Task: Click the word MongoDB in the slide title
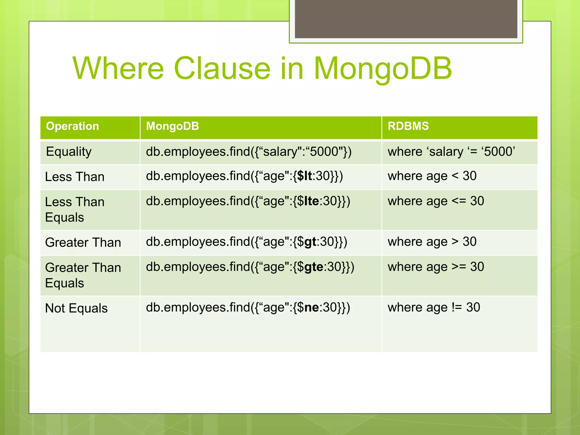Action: point(383,69)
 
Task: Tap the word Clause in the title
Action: point(222,69)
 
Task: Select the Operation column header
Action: point(72,126)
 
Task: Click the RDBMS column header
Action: point(408,126)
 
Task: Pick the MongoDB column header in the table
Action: point(172,126)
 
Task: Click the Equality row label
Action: point(69,152)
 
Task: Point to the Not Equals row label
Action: point(76,308)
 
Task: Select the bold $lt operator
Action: point(304,176)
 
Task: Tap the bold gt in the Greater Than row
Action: point(310,242)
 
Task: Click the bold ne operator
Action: point(312,308)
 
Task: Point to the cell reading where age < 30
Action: point(432,176)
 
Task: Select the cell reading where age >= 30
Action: point(436,267)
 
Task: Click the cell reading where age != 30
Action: point(434,308)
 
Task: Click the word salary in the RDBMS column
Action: point(446,152)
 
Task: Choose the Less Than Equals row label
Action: point(75,210)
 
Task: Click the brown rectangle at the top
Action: point(406,19)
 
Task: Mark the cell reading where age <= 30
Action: point(436,201)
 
